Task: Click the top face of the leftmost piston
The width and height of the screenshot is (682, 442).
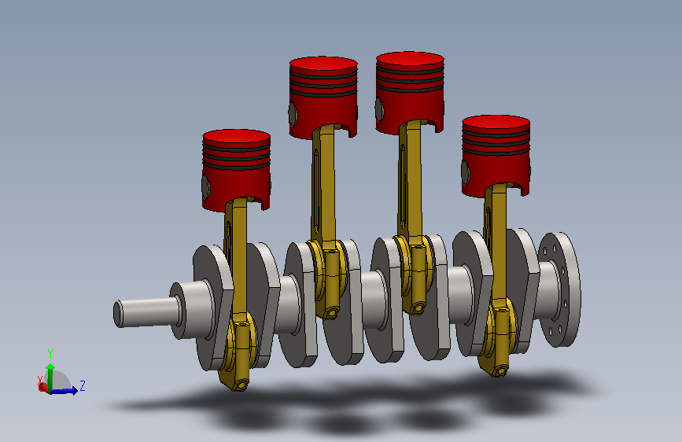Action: point(236,138)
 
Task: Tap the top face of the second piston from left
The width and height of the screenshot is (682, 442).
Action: point(323,64)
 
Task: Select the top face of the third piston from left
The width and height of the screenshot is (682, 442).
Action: point(410,60)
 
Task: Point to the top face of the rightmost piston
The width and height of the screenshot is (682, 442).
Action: point(496,123)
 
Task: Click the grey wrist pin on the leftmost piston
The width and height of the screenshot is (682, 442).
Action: point(205,187)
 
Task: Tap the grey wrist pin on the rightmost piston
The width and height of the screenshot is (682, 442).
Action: point(466,172)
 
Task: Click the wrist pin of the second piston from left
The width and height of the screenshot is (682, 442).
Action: point(293,114)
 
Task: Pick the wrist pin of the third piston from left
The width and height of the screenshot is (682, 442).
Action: point(379,109)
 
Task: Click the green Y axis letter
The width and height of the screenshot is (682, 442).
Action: point(50,353)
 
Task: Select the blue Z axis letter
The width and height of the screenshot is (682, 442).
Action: point(83,385)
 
